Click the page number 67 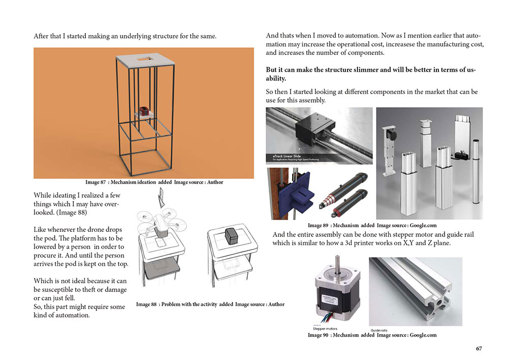[479, 348]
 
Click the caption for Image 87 [154, 182]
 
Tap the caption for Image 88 [210, 304]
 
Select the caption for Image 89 [372, 225]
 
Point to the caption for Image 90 [372, 335]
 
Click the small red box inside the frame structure [144, 110]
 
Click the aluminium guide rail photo [415, 291]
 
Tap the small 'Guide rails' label [379, 331]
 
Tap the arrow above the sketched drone [161, 197]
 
